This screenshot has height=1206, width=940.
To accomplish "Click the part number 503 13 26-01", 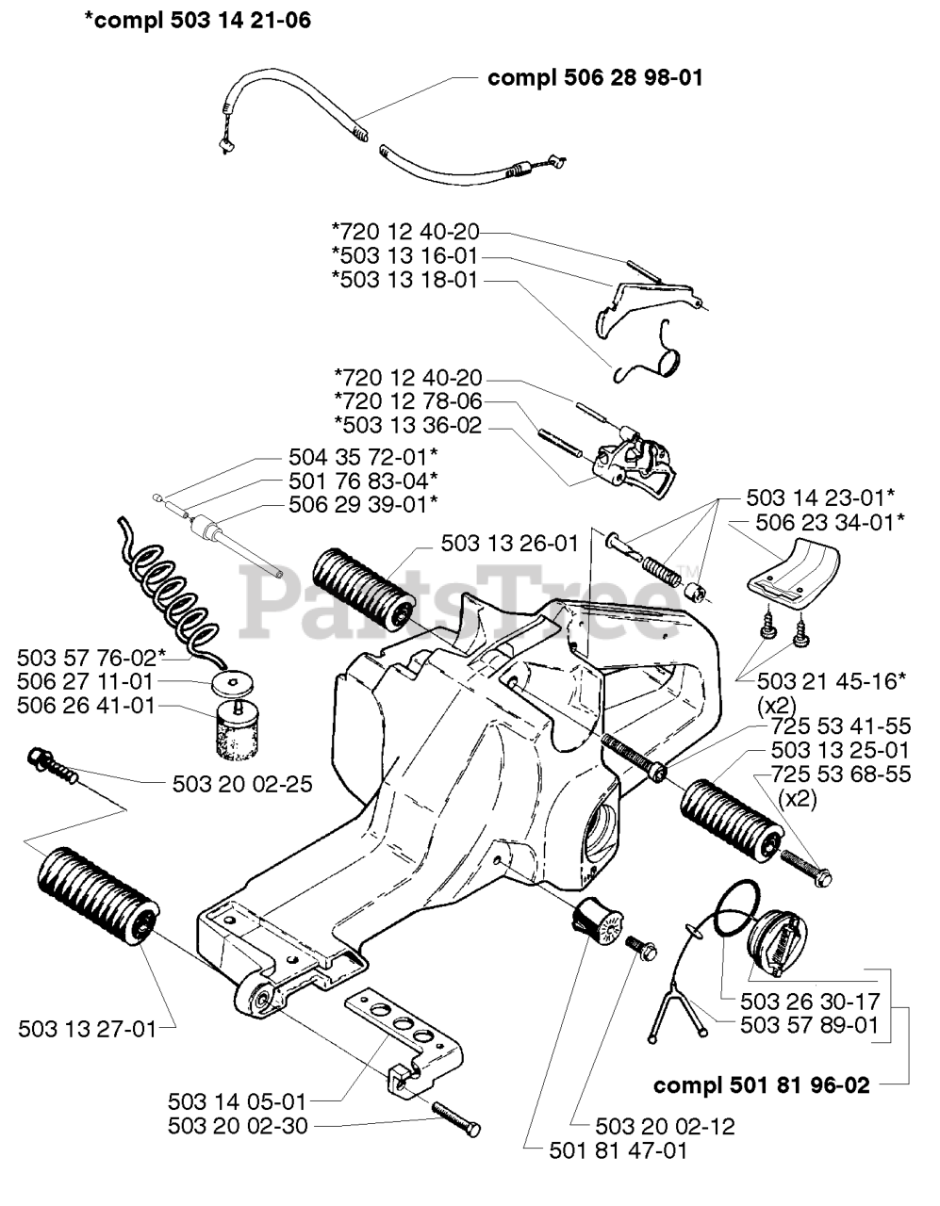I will tap(509, 544).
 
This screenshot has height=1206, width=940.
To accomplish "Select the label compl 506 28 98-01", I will tap(595, 78).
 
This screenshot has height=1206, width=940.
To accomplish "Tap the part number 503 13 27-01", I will tap(87, 1029).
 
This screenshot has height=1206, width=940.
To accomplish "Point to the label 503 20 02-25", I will tap(242, 783).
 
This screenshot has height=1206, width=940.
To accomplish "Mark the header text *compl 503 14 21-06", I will tap(197, 20).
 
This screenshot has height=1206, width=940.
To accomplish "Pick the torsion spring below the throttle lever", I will tap(655, 355).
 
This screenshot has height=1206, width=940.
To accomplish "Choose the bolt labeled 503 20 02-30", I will tap(456, 1120).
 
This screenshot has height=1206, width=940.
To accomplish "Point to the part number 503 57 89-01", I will tap(809, 1024).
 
